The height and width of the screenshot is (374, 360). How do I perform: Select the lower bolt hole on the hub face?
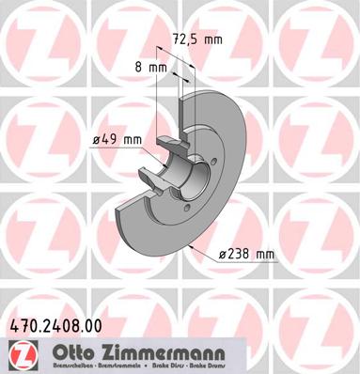[x=186, y=208]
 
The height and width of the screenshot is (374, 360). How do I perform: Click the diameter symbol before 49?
[x=97, y=141]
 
